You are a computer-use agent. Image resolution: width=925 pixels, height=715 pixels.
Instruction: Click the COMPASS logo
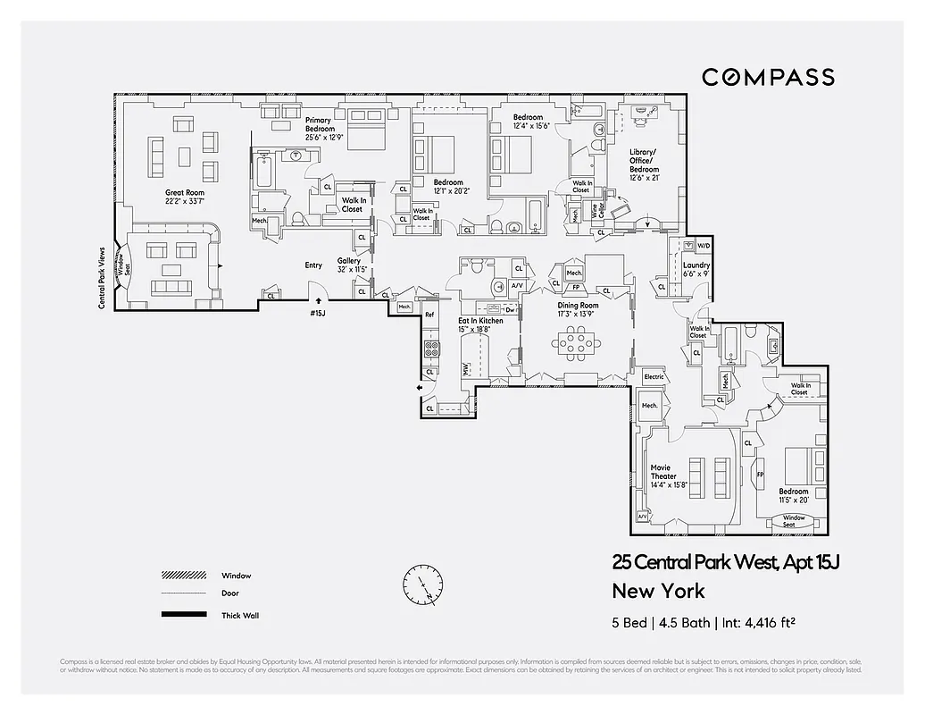(x=768, y=77)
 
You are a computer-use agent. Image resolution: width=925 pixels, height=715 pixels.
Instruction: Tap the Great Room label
(x=185, y=197)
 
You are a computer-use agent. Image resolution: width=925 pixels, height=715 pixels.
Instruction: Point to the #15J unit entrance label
(x=317, y=314)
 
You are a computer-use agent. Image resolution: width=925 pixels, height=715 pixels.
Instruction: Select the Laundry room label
(x=696, y=270)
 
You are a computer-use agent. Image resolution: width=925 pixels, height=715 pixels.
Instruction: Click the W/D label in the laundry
(x=703, y=246)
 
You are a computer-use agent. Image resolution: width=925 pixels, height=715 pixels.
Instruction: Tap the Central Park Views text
(x=102, y=278)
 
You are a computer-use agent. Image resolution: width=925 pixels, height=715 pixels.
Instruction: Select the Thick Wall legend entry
(x=237, y=616)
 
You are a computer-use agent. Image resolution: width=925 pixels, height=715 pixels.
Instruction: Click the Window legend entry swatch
(x=184, y=576)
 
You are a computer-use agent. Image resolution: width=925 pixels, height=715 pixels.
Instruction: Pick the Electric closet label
(x=654, y=377)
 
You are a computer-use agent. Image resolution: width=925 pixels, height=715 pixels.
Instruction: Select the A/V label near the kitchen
(x=517, y=285)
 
